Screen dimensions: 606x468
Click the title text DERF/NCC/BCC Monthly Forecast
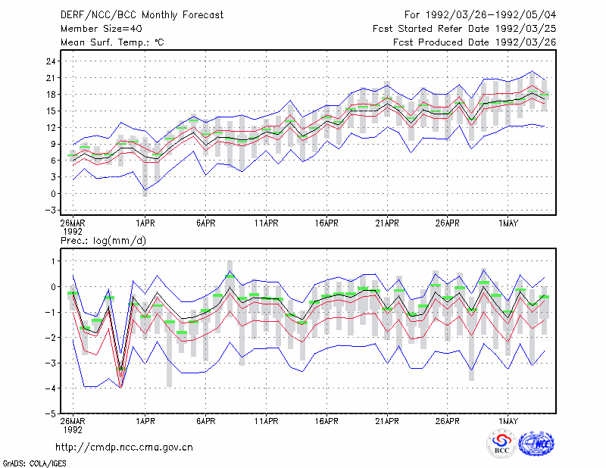pyautogui.click(x=142, y=15)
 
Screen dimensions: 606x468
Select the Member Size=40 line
pyautogui.click(x=102, y=29)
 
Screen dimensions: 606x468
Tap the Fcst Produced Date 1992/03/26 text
pyautogui.click(x=475, y=42)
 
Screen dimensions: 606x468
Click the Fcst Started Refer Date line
pyautogui.click(x=464, y=29)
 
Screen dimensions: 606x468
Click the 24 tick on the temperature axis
pyautogui.click(x=52, y=61)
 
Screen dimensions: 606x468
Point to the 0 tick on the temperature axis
pyautogui.click(x=54, y=194)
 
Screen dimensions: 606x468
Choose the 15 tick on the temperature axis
pyautogui.click(x=52, y=111)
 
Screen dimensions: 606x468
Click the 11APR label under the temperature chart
pyautogui.click(x=267, y=223)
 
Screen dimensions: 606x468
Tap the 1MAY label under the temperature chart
pyautogui.click(x=508, y=223)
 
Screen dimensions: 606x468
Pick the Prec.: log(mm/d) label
pyautogui.click(x=103, y=241)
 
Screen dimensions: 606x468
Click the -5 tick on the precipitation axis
pyautogui.click(x=50, y=413)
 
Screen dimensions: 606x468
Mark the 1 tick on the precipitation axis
pyautogui.click(x=54, y=261)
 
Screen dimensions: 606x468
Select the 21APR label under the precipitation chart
pyautogui.click(x=387, y=421)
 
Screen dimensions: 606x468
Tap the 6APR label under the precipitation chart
pyautogui.click(x=205, y=421)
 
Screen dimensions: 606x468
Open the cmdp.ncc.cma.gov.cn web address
pyautogui.click(x=124, y=448)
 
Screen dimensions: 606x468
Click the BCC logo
pyautogui.click(x=501, y=444)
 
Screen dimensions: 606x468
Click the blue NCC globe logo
pyautogui.click(x=536, y=444)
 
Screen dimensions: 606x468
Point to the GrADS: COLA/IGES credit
pyautogui.click(x=34, y=463)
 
